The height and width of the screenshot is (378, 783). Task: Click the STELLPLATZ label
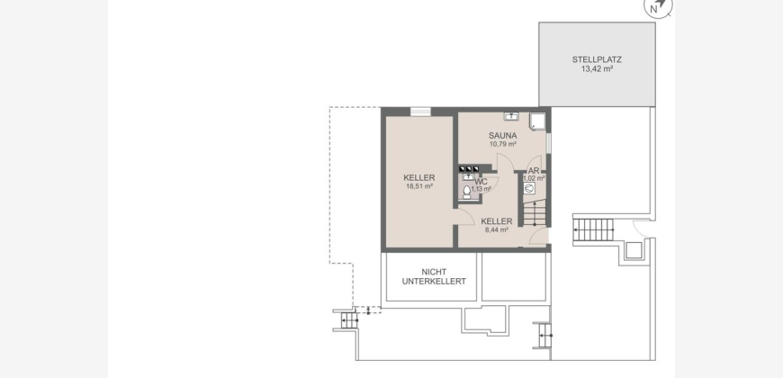point(597,59)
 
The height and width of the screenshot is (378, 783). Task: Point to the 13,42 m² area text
point(597,69)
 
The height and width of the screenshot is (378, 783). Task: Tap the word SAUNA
point(502,135)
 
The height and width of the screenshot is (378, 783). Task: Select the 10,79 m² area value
point(503,144)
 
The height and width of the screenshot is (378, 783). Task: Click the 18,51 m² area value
point(419,186)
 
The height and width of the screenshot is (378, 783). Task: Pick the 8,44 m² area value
point(497,229)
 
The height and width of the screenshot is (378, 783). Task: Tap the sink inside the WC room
point(468,177)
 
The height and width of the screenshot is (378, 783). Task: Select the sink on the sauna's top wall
point(511,116)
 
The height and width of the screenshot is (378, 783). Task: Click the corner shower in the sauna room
point(537,121)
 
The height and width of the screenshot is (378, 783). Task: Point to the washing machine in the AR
point(529,188)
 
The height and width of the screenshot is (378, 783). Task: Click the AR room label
point(534,171)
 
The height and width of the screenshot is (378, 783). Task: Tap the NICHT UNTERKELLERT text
point(434,276)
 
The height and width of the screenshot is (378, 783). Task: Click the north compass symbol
point(658,7)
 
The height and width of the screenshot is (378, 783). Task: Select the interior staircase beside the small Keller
point(535,212)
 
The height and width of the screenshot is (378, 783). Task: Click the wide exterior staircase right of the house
point(593,229)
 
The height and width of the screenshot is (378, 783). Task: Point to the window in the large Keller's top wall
point(420,112)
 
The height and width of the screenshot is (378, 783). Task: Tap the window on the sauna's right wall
point(548,143)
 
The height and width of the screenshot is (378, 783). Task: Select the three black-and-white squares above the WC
point(469,169)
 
